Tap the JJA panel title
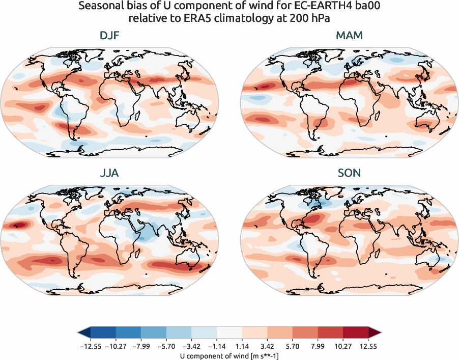[x=110, y=173]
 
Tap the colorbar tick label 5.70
[x=293, y=346]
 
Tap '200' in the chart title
[x=296, y=19]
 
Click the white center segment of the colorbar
[x=230, y=333]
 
